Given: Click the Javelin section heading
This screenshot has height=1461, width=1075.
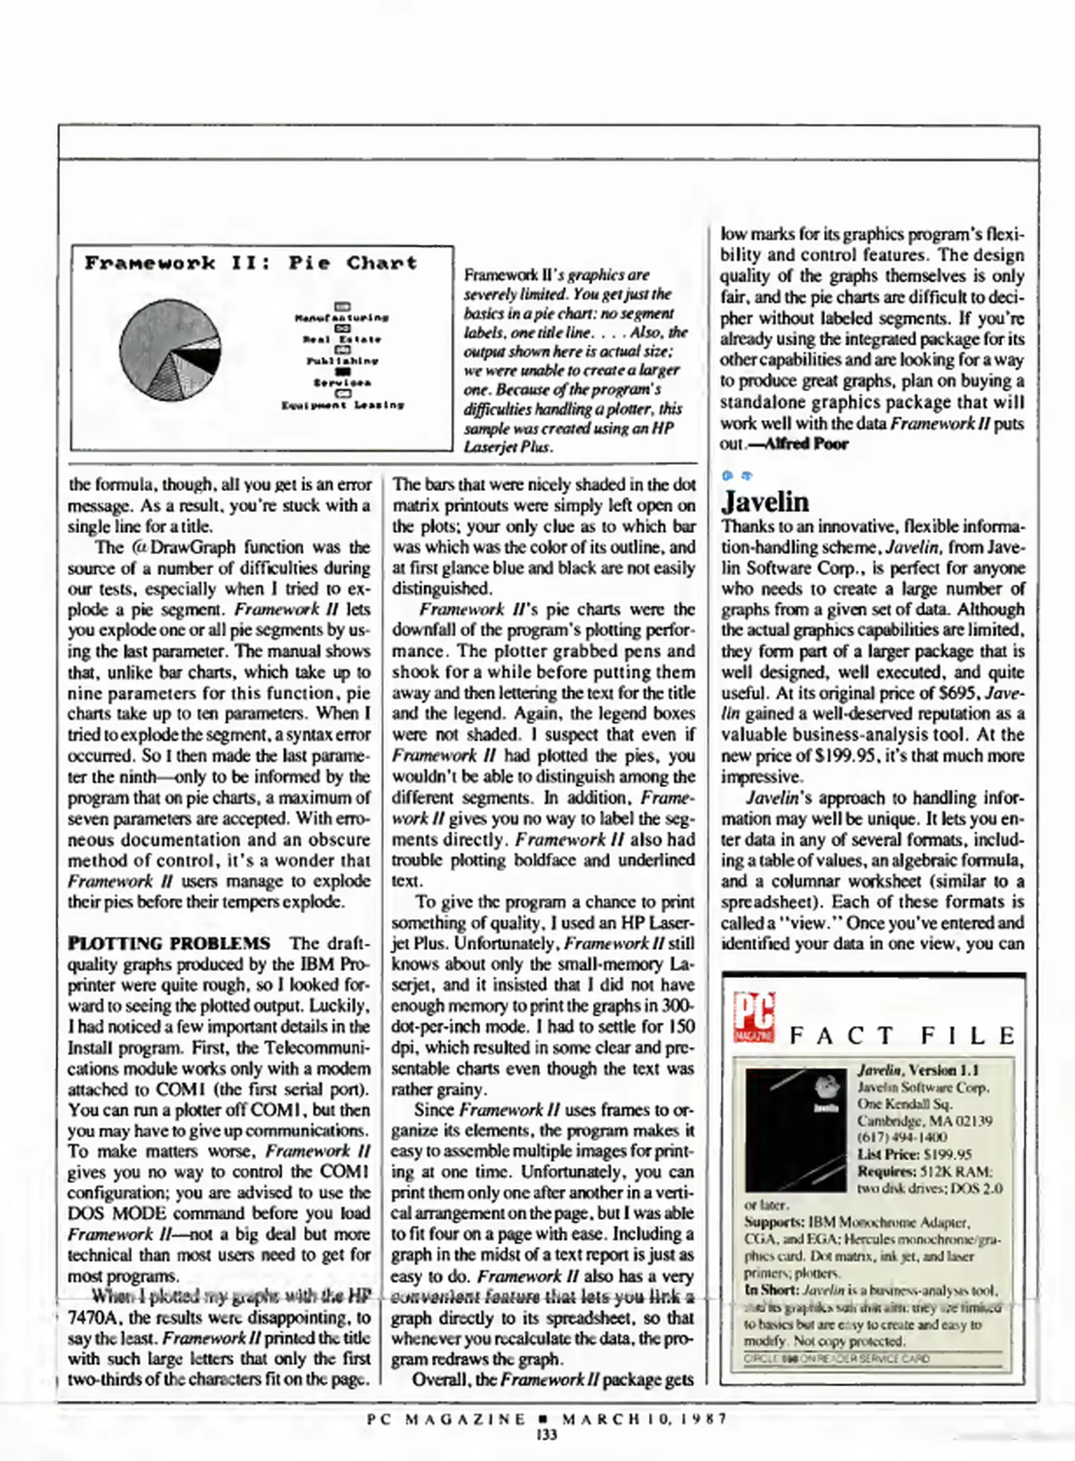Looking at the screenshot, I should pyautogui.click(x=765, y=502).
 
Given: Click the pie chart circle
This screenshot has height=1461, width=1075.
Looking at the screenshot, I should pyautogui.click(x=170, y=350).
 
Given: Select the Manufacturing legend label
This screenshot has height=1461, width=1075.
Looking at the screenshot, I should pyautogui.click(x=342, y=317).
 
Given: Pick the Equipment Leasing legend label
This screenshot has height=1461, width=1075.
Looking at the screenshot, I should pyautogui.click(x=343, y=405).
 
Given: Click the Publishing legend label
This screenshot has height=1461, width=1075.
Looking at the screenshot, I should pyautogui.click(x=343, y=361).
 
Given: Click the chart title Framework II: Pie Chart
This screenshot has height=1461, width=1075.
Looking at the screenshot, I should pyautogui.click(x=251, y=262).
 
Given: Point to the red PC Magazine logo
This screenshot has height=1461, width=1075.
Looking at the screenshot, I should pyautogui.click(x=754, y=1017).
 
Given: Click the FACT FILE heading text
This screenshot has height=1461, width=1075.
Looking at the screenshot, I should pyautogui.click(x=902, y=1036).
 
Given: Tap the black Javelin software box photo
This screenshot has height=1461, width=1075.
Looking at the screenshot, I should pyautogui.click(x=796, y=1130).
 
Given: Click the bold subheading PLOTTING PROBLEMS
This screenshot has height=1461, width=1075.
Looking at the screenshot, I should pyautogui.click(x=169, y=943).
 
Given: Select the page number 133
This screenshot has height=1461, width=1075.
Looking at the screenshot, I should pyautogui.click(x=546, y=1435).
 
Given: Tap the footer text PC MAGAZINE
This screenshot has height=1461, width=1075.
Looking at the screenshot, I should pyautogui.click(x=446, y=1418).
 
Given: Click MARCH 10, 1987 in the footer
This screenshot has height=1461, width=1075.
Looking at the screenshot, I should pyautogui.click(x=644, y=1418).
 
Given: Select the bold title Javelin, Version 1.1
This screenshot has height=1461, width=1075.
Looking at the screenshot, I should pyautogui.click(x=917, y=1071).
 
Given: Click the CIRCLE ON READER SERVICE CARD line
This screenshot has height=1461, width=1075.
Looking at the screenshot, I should pyautogui.click(x=836, y=1359).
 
